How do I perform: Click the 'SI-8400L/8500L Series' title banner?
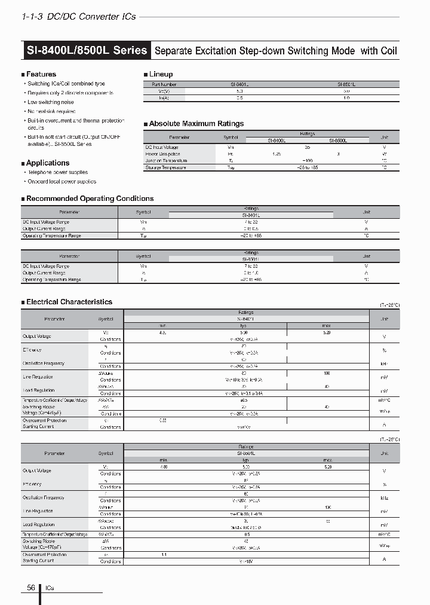(x=87, y=50)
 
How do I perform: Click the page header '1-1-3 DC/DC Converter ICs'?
(x=78, y=17)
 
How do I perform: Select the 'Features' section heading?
(x=41, y=74)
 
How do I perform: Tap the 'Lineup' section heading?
(x=161, y=74)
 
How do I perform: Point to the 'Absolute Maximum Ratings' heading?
(x=196, y=124)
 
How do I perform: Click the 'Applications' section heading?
(x=48, y=163)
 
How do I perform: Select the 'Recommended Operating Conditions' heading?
(x=90, y=198)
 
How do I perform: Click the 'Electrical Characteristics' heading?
(x=69, y=302)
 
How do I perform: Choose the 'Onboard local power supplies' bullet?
(x=62, y=181)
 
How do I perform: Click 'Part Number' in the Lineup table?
(x=164, y=85)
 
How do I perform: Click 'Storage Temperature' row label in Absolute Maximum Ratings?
(x=165, y=167)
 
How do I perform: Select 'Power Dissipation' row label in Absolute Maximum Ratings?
(x=162, y=154)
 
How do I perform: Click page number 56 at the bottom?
(x=31, y=588)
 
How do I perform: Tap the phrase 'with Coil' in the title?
(x=379, y=51)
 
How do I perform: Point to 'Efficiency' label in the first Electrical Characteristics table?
(x=32, y=350)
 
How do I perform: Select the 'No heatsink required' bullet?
(x=51, y=111)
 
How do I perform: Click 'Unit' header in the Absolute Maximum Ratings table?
(x=384, y=137)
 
